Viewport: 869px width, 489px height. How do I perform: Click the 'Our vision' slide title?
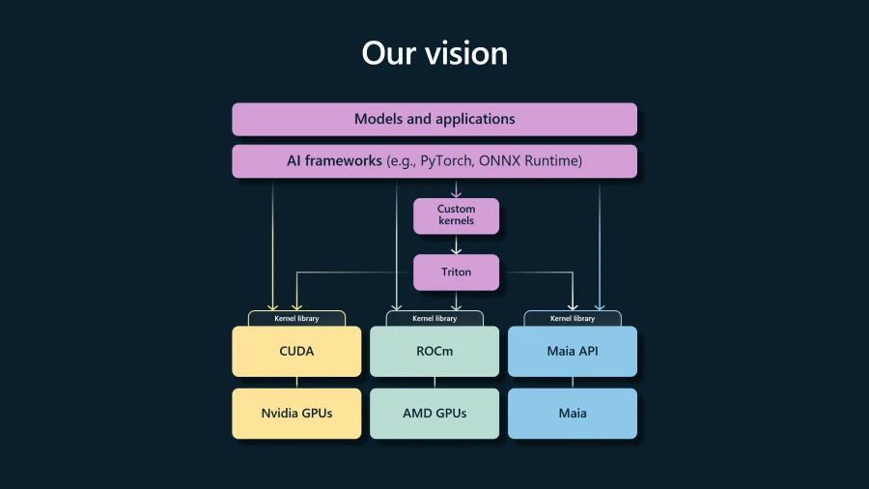pyautogui.click(x=434, y=53)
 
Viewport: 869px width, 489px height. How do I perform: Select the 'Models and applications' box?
pyautogui.click(x=434, y=119)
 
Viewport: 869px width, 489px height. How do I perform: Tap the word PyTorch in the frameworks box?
pyautogui.click(x=445, y=160)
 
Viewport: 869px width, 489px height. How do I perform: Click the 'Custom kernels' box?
pyautogui.click(x=456, y=216)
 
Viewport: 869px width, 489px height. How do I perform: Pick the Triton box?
pyautogui.click(x=456, y=273)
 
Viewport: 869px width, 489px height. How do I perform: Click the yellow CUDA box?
pyautogui.click(x=296, y=352)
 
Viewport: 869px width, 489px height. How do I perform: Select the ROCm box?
pyautogui.click(x=434, y=352)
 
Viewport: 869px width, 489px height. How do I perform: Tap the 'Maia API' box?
pyautogui.click(x=573, y=352)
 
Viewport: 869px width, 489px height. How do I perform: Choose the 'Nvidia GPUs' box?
pyautogui.click(x=296, y=414)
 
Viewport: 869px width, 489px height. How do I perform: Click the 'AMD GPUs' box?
pyautogui.click(x=434, y=414)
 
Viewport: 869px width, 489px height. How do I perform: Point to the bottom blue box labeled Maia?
pyautogui.click(x=573, y=414)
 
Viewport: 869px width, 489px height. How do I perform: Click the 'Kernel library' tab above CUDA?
pyautogui.click(x=296, y=318)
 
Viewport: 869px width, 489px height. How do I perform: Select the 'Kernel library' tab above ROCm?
pyautogui.click(x=434, y=318)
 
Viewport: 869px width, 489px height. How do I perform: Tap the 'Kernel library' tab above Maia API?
pyautogui.click(x=573, y=318)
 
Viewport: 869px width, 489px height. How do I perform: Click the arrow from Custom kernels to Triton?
pyautogui.click(x=456, y=244)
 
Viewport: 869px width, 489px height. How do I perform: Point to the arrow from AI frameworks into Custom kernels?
pyautogui.click(x=456, y=187)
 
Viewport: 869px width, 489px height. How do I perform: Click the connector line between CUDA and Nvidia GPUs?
pyautogui.click(x=296, y=383)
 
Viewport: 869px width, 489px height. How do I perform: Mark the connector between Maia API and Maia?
pyautogui.click(x=573, y=383)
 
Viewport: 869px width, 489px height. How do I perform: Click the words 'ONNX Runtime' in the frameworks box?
pyautogui.click(x=529, y=160)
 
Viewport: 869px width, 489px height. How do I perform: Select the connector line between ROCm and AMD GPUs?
pyautogui.click(x=434, y=383)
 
